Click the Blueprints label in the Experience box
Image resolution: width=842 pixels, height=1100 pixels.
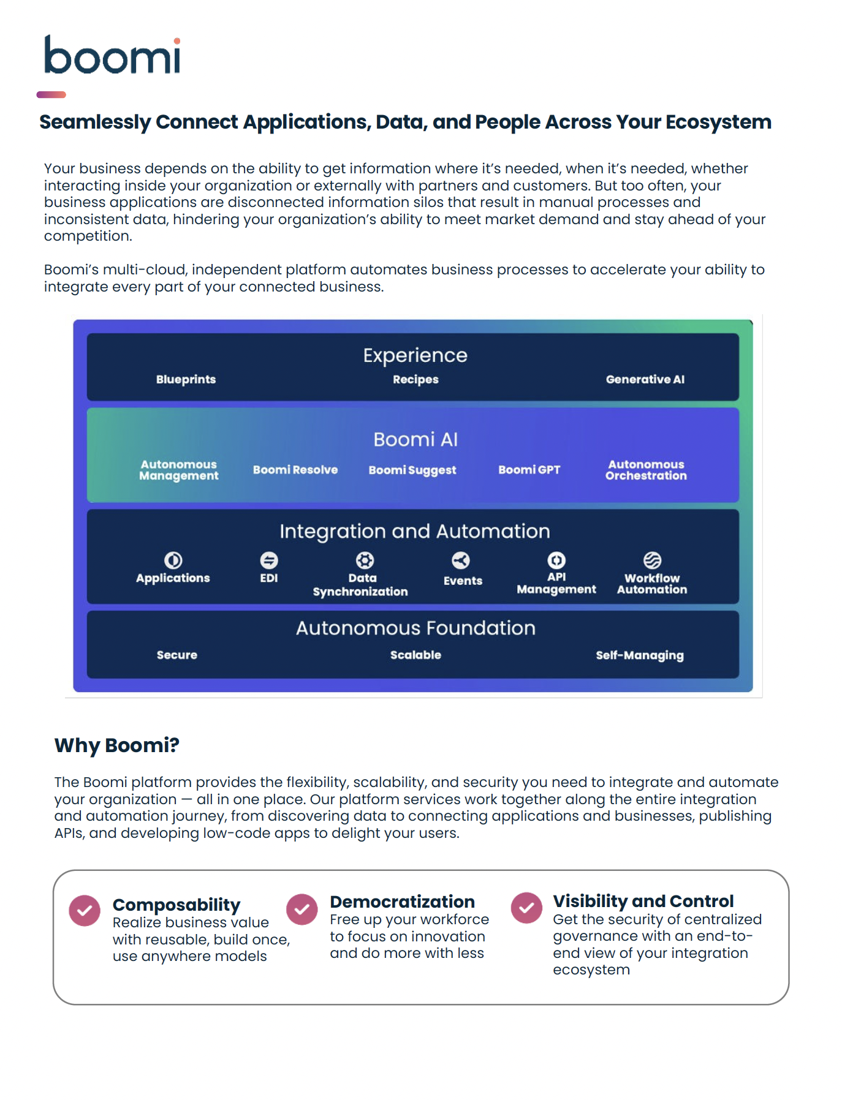pyautogui.click(x=186, y=379)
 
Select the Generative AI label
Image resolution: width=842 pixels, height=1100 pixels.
pyautogui.click(x=645, y=379)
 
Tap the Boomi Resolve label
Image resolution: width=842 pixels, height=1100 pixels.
pyautogui.click(x=295, y=470)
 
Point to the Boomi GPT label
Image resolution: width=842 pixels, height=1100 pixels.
pyautogui.click(x=529, y=470)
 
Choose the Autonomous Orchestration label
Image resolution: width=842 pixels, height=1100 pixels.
pyautogui.click(x=646, y=470)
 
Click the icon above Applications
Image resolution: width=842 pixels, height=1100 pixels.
pyautogui.click(x=173, y=560)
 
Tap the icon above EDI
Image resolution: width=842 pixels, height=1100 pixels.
pyautogui.click(x=269, y=560)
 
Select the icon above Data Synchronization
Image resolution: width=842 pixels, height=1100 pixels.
pyautogui.click(x=365, y=560)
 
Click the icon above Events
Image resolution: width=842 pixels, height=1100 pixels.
pyautogui.click(x=461, y=560)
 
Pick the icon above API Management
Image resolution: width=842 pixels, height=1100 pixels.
pyautogui.click(x=556, y=560)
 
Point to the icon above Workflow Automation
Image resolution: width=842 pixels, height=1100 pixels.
pyautogui.click(x=652, y=560)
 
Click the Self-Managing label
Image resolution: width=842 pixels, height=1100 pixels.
pyautogui.click(x=640, y=655)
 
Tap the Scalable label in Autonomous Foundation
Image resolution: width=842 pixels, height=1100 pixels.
pyautogui.click(x=415, y=655)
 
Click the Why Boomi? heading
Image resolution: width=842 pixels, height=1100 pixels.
pyautogui.click(x=116, y=745)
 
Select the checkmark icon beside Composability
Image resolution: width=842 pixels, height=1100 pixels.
pyautogui.click(x=85, y=911)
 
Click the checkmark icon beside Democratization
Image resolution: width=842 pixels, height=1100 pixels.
pyautogui.click(x=302, y=910)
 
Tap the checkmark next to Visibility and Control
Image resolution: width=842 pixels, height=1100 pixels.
pyautogui.click(x=526, y=908)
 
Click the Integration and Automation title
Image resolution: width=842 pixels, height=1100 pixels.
pyautogui.click(x=415, y=531)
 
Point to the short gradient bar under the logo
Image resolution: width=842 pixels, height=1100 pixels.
pyautogui.click(x=51, y=94)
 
